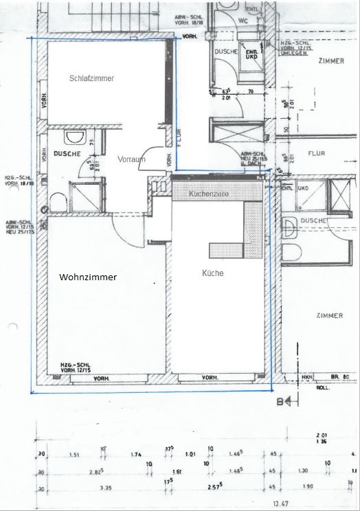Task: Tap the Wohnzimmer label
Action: [x=88, y=277]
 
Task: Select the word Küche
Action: [x=213, y=273]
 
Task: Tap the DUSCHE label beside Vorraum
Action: [x=68, y=154]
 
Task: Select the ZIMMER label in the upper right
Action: [x=331, y=61]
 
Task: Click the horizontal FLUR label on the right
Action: [x=316, y=154]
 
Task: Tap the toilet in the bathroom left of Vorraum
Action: [x=55, y=201]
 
